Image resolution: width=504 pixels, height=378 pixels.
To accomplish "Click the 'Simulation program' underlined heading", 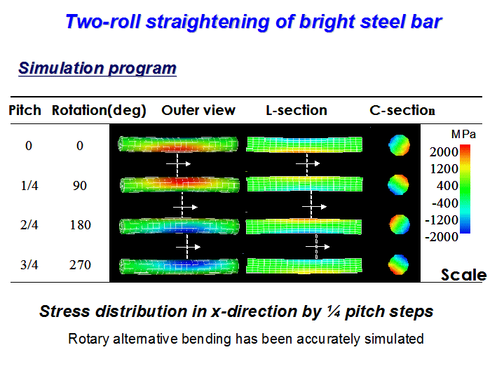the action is (97, 68).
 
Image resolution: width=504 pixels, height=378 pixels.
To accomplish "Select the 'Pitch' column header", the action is (25, 110).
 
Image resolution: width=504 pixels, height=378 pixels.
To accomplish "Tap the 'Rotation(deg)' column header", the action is (99, 111).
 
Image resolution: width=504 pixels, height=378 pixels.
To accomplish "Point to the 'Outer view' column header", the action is (198, 110).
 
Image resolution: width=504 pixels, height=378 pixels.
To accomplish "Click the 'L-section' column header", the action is (297, 110).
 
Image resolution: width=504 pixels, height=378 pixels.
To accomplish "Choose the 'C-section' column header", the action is (402, 110).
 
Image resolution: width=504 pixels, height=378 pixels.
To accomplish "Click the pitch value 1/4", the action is (29, 186).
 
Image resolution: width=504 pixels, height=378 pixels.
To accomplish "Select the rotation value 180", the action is (81, 225).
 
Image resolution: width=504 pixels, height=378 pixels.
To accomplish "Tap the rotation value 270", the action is (81, 265).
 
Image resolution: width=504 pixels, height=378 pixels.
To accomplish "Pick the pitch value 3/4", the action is (29, 265).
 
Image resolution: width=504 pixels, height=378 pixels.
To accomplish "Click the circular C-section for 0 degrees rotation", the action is (400, 145).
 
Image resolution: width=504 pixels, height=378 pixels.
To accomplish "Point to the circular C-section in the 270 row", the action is (399, 265).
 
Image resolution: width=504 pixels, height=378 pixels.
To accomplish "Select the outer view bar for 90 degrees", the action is (179, 185).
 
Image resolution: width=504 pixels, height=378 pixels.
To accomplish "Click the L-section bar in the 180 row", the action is (304, 227).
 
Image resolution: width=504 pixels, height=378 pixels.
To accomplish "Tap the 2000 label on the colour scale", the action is (444, 152).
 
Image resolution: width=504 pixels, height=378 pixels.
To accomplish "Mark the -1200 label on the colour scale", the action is (442, 220).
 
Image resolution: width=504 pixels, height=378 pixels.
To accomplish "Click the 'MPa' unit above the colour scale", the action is (463, 134).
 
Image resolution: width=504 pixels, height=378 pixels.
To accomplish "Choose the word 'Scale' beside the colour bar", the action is (463, 275).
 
